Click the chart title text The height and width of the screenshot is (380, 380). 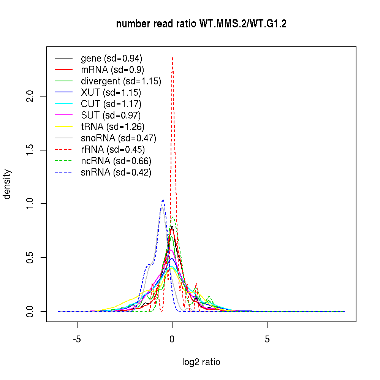click(201, 24)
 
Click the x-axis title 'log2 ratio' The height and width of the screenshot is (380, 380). click(201, 362)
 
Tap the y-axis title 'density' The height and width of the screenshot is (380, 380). click(7, 184)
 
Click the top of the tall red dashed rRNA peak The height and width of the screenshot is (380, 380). click(173, 58)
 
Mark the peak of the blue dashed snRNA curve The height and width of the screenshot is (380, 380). click(163, 199)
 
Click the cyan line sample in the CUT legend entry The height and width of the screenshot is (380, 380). click(63, 104)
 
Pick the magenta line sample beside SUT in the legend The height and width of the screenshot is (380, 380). click(63, 116)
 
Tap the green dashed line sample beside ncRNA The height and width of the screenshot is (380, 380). click(63, 161)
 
